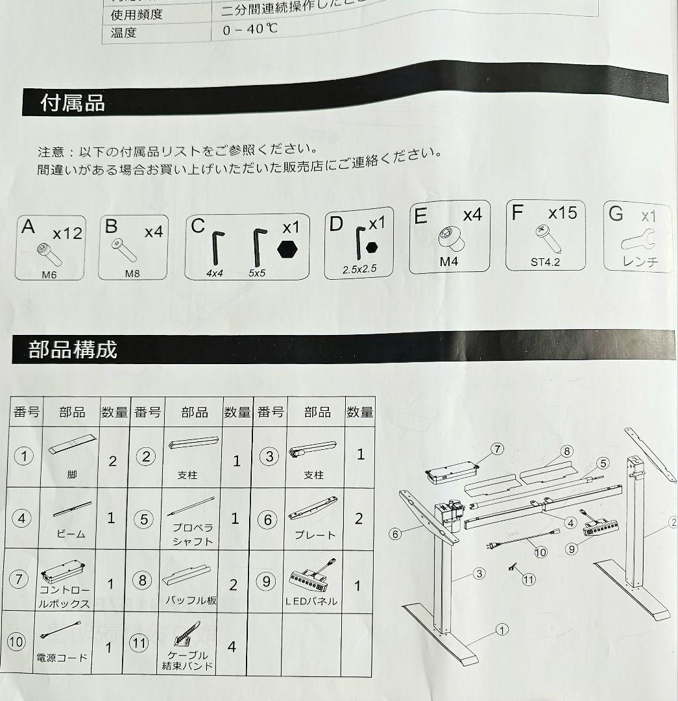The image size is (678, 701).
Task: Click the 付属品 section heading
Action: pyautogui.click(x=73, y=103)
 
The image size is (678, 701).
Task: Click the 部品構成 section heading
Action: pyautogui.click(x=73, y=350)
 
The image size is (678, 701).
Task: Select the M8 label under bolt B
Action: pyautogui.click(x=132, y=273)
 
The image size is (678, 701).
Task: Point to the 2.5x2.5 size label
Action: pyautogui.click(x=360, y=268)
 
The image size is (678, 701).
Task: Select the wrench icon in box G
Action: pyautogui.click(x=638, y=241)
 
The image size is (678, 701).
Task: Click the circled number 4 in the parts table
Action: pyautogui.click(x=23, y=519)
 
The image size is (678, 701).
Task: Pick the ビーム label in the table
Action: pyautogui.click(x=71, y=534)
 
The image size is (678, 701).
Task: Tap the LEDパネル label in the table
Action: pyautogui.click(x=311, y=601)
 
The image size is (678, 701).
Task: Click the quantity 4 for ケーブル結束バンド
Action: pyautogui.click(x=232, y=646)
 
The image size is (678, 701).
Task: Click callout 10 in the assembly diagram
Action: pyautogui.click(x=540, y=552)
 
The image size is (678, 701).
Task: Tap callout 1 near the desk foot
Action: pyautogui.click(x=501, y=629)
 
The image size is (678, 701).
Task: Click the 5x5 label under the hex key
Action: pyautogui.click(x=256, y=273)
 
